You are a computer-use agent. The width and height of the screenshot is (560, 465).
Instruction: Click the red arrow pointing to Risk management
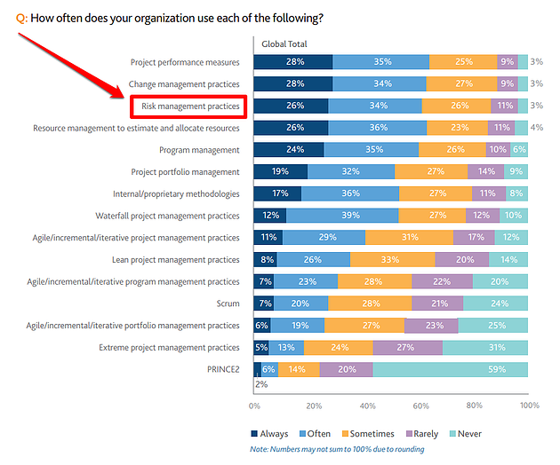71,61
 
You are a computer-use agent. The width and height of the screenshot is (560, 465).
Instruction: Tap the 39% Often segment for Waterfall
342,216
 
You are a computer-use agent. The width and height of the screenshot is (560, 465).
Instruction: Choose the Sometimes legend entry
365,433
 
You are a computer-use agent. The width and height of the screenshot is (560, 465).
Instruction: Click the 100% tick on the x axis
529,406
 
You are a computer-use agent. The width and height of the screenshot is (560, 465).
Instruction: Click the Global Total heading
284,43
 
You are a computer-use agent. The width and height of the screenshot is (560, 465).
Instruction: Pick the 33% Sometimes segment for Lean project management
393,259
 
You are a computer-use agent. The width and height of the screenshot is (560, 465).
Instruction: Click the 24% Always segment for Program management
289,150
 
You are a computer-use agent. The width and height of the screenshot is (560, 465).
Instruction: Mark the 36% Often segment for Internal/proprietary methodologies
350,193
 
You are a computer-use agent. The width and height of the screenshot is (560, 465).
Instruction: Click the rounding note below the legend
337,449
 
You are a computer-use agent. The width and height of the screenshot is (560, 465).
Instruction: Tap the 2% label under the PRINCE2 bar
261,384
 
